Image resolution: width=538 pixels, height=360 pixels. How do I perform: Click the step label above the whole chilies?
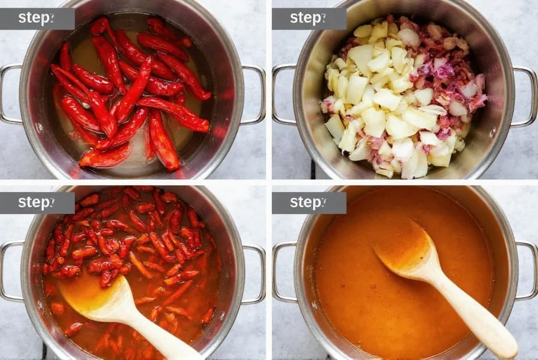(37, 19)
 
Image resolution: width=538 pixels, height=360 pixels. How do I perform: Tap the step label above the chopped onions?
(309, 19)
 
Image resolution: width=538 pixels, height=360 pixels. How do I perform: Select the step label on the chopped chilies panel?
(37, 203)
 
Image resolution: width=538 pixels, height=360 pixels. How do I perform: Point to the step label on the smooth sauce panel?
(309, 203)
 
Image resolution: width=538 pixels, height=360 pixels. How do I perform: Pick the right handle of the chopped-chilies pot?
(257, 274)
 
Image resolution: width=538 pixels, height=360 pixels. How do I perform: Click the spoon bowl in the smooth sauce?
(405, 252)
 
